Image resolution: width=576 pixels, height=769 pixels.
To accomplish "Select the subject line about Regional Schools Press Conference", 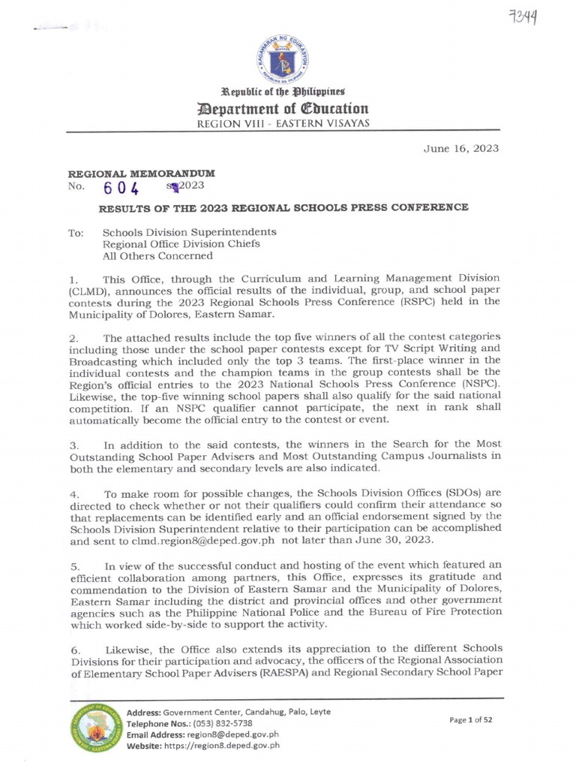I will pos(285,207).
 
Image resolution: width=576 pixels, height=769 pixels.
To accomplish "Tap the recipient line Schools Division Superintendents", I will pos(189,232).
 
